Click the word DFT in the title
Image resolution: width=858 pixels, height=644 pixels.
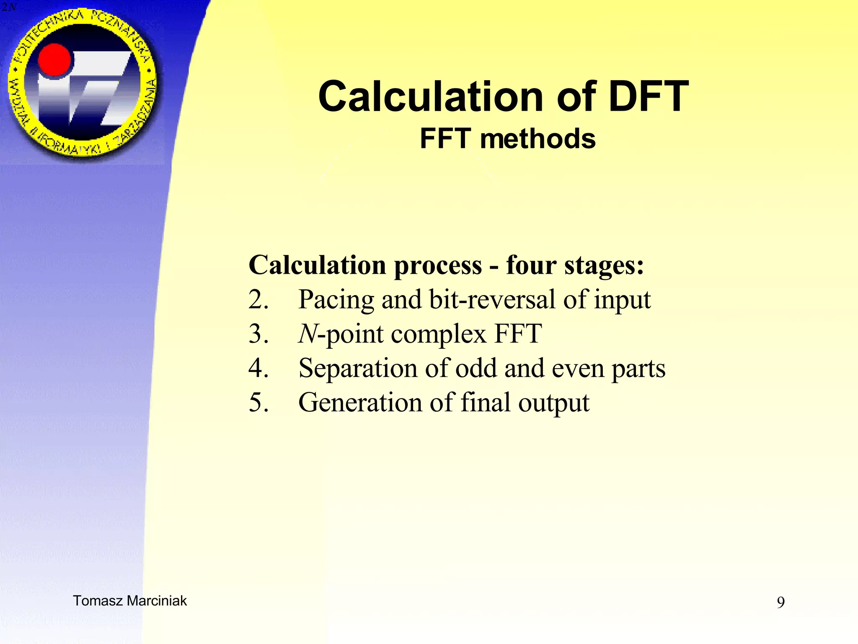pos(648,97)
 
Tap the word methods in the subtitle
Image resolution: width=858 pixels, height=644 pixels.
pos(538,139)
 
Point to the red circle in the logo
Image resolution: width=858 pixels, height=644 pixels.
pos(54,61)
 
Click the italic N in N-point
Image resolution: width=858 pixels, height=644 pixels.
pos(308,334)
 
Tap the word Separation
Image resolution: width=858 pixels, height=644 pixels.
pos(358,368)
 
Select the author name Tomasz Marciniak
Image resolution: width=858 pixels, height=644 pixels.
pos(130,601)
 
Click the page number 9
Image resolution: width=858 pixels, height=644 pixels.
pos(780,602)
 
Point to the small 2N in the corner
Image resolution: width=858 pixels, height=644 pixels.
pos(8,7)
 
